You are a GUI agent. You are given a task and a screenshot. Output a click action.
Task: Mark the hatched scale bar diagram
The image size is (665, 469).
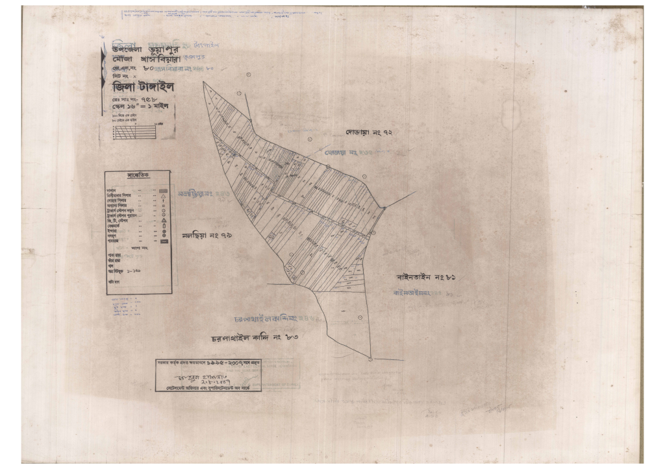tap(136, 131)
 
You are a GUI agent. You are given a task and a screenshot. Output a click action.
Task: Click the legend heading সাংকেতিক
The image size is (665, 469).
tap(138, 176)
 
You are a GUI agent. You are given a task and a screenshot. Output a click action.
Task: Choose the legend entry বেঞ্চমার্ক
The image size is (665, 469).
tap(116, 225)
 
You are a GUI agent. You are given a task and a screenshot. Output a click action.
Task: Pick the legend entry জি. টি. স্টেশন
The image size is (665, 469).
tap(118, 220)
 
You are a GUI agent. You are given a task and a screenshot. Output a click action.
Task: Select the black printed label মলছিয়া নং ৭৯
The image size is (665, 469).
tap(207, 235)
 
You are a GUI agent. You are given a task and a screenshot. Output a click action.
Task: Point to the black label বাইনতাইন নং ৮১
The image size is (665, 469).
tap(428, 278)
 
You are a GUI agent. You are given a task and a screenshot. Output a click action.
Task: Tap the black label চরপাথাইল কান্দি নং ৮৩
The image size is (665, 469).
tap(258, 337)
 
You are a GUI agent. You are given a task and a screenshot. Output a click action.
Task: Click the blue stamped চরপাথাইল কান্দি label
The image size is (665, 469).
tap(273, 319)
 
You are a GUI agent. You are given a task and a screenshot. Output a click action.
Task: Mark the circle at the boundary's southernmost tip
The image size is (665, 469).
tap(370, 359)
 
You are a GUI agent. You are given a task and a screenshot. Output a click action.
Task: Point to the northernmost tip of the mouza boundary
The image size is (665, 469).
tap(204, 83)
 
